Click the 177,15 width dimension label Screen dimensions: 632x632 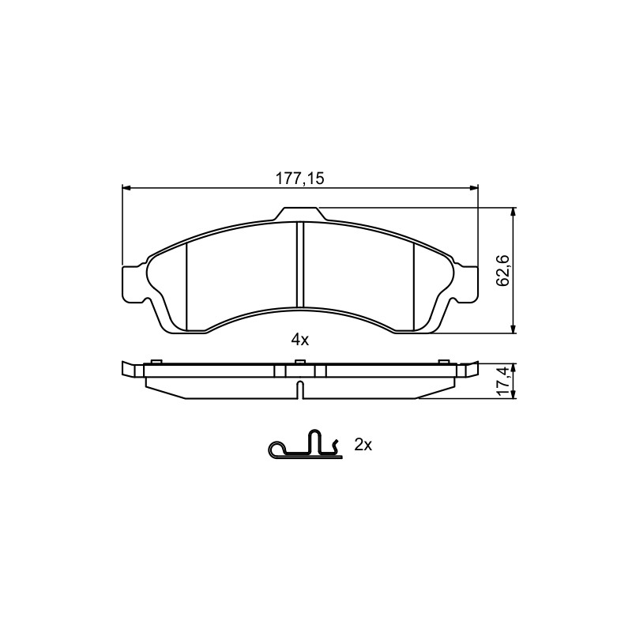pyautogui.click(x=299, y=179)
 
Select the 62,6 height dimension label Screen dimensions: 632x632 pyautogui.click(x=503, y=270)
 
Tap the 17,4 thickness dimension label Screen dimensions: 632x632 pyautogui.click(x=503, y=382)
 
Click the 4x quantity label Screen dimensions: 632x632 pyautogui.click(x=300, y=340)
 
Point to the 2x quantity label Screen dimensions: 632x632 pyautogui.click(x=363, y=445)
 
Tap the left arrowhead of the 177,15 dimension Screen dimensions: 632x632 pyautogui.click(x=126, y=187)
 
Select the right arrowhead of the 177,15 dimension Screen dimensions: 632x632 pyautogui.click(x=472, y=187)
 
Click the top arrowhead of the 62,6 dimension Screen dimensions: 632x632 pyautogui.click(x=513, y=213)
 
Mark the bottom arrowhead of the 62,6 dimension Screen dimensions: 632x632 pyautogui.click(x=513, y=329)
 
